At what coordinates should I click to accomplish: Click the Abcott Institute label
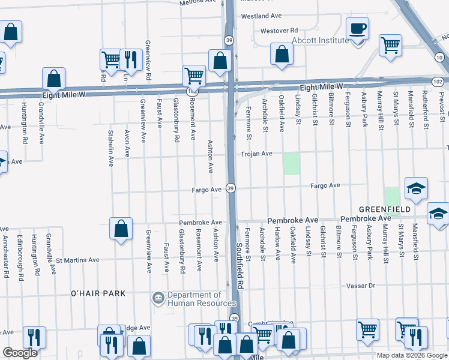coord(320,40)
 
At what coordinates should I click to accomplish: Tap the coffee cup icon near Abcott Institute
coord(358,29)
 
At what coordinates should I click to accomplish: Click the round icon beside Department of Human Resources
coord(158,297)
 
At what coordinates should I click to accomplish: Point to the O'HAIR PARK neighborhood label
coord(98,293)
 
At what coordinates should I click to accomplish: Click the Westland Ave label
coord(261,16)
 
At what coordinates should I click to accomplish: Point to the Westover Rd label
coord(279,30)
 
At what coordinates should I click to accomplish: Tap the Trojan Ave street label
coord(257,154)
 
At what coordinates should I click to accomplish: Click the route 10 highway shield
coord(439,57)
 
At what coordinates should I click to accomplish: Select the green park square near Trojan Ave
coord(291,164)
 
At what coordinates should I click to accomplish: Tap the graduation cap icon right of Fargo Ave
coord(416,188)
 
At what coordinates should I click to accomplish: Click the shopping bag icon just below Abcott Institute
coord(282,54)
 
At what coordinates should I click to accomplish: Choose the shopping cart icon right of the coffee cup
coord(390,44)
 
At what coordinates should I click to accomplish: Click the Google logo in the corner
coord(20,353)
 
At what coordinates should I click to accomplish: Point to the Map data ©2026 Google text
coord(412,355)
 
